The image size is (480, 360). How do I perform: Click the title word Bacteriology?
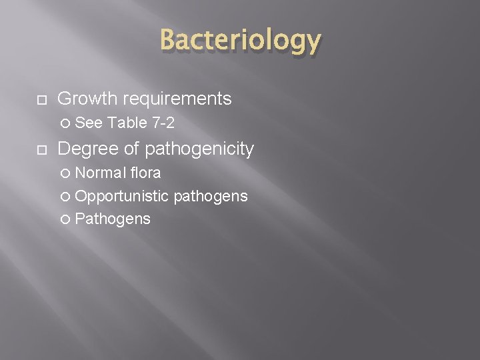click(x=240, y=41)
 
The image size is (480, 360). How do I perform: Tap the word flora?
click(x=145, y=173)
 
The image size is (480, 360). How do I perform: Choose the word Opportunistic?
click(x=122, y=196)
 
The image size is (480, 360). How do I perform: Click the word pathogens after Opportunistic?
click(x=211, y=196)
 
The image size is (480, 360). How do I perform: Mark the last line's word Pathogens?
click(x=113, y=219)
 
